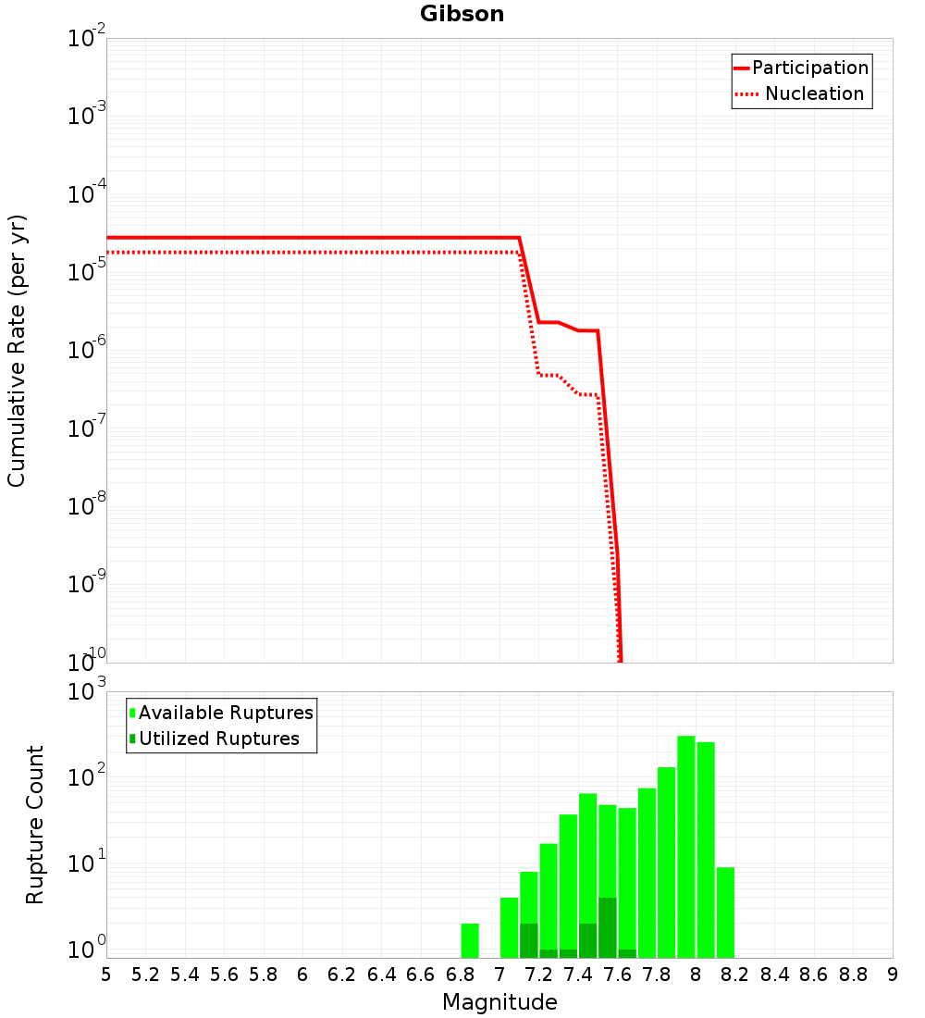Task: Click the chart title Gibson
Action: (462, 14)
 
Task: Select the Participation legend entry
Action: (802, 68)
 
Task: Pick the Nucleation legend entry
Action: (800, 93)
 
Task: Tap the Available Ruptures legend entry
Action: (221, 713)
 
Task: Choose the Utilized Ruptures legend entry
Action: (215, 739)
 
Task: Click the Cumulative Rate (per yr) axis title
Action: (17, 351)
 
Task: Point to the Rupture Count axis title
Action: (34, 826)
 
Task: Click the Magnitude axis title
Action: (499, 1002)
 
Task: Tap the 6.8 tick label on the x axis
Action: (461, 975)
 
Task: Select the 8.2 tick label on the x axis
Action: (734, 975)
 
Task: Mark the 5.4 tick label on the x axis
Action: (185, 975)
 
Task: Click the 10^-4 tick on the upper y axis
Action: (86, 192)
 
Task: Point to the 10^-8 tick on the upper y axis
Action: (86, 504)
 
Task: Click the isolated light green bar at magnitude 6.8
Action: (470, 941)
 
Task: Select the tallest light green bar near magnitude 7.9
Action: (686, 847)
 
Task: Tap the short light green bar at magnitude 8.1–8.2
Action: (726, 912)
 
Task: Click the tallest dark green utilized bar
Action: (608, 927)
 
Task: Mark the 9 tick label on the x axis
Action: (893, 975)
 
